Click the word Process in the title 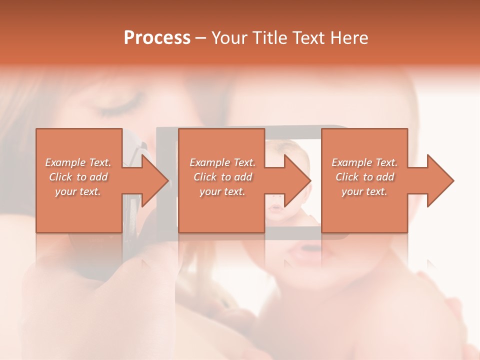(157, 38)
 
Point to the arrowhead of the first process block (154, 180)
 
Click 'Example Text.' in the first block (78, 162)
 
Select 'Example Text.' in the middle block (222, 162)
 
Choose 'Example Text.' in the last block (364, 162)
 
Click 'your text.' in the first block (78, 191)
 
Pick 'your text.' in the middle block (222, 191)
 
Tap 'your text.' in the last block (364, 191)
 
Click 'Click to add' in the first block (78, 177)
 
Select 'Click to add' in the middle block (222, 177)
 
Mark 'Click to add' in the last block (364, 177)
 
